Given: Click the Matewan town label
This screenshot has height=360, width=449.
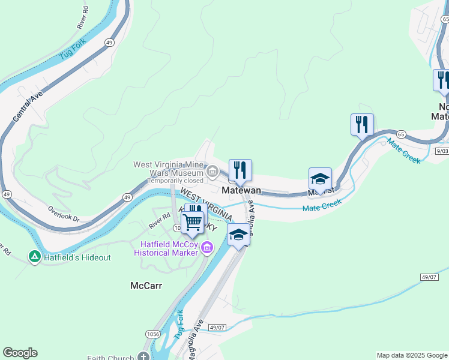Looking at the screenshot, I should coord(241,190).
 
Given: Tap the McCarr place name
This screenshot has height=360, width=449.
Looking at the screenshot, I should coord(146,286).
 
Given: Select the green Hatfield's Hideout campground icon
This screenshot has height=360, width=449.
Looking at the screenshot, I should coord(35,257).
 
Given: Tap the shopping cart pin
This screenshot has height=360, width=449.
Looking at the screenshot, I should coord(193,223).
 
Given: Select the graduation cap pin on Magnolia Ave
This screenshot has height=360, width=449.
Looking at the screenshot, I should coord(238,235).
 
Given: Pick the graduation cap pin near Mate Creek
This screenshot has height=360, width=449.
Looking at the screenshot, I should coord(320,179).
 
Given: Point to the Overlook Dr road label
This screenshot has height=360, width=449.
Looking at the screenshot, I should coord(64,214).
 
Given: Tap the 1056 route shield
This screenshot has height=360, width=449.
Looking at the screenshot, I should coord(151,333).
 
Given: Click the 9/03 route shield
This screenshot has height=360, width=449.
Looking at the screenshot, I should coord(442,152).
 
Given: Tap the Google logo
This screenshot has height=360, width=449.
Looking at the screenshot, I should coord(20,353).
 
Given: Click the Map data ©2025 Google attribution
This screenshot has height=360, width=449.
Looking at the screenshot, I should coord(412,355).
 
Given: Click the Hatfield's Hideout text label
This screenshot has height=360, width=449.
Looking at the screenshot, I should coord(77,257).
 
